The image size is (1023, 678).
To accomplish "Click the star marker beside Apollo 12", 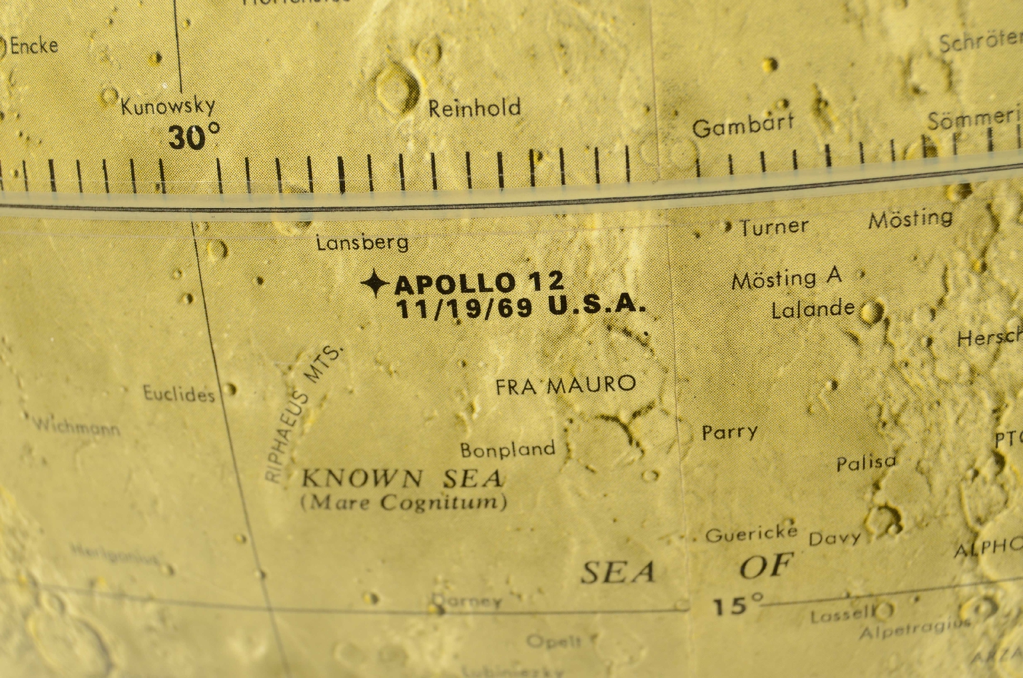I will coord(374,284).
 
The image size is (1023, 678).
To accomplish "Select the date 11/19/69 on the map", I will coord(464,308).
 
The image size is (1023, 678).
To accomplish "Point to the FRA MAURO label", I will coord(565,385).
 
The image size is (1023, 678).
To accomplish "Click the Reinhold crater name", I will coord(474,109).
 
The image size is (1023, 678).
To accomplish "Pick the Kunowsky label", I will coord(168,106).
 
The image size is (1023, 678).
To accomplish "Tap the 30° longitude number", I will coord(193,137).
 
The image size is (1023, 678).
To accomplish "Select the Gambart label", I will coord(743,125).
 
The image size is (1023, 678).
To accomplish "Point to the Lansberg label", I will coord(362,243).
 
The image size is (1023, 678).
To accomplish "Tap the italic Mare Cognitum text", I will coord(404,502).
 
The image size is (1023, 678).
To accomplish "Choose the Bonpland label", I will coord(508,449).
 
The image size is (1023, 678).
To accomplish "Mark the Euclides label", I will coord(179,394).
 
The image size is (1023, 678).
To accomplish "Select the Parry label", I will coord(730,433).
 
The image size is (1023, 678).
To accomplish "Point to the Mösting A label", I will coord(787,279).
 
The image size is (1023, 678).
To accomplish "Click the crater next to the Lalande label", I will coord(870,311).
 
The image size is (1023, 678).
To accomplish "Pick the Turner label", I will coord(774,227).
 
